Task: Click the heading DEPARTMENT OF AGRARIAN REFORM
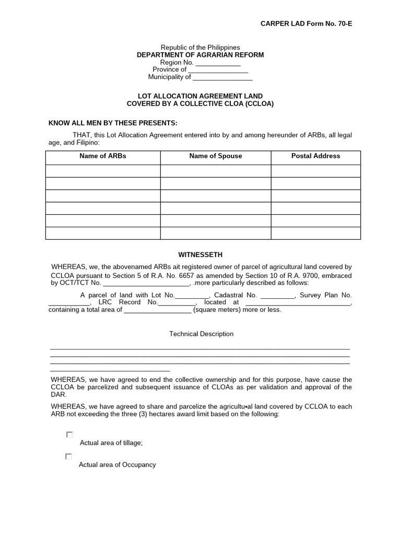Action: pos(200,55)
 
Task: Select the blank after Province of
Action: pos(218,71)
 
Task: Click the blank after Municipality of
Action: pos(222,78)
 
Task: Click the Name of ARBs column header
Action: pos(103,156)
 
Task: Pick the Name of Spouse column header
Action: pos(216,156)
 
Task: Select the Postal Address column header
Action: pos(315,156)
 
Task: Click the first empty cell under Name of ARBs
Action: pos(103,171)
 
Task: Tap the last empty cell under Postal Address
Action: pos(315,233)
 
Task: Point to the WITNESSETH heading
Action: pos(200,255)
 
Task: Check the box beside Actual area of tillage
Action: pos(69,435)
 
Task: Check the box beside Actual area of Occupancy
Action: pos(68,457)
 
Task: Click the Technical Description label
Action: pos(201,334)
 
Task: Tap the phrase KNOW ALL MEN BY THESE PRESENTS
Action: pos(113,123)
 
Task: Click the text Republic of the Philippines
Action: pos(200,48)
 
